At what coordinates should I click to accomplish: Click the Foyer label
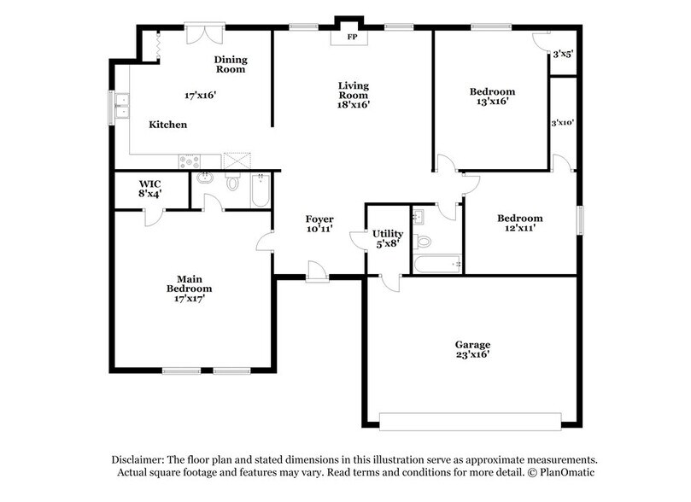coord(319,219)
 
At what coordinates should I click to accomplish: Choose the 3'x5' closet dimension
coord(562,54)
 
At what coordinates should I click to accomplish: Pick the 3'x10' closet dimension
coord(562,122)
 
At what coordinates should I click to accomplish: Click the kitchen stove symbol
coord(189,161)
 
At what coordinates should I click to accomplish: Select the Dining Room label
coord(231,64)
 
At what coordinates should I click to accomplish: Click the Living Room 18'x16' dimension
coord(354,104)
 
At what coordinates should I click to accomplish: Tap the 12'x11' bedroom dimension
coord(520,229)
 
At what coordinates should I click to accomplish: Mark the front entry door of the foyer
coord(317,271)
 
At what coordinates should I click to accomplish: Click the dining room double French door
coord(205,33)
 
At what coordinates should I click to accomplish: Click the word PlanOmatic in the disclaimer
coord(564,472)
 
